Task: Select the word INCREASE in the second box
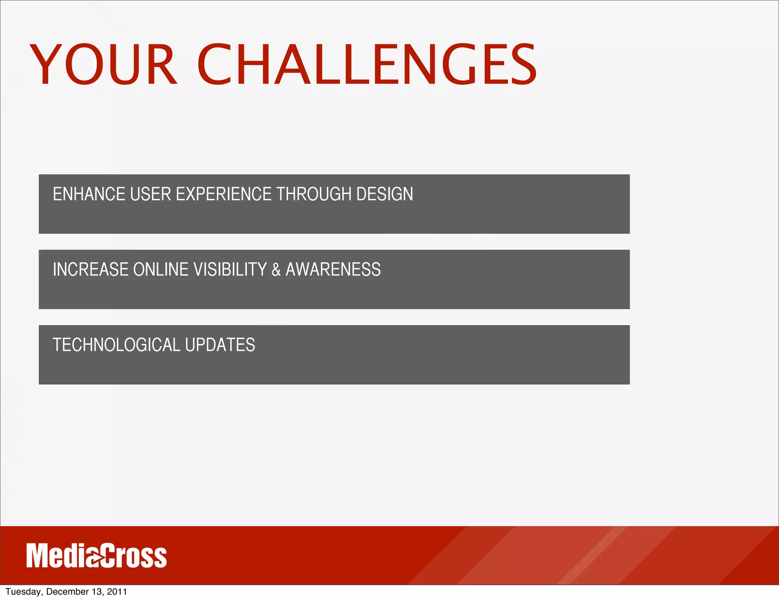pos(91,270)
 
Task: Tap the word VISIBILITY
pos(230,270)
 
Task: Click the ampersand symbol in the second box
pos(276,270)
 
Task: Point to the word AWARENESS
pos(333,270)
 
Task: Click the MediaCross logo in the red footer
pos(96,556)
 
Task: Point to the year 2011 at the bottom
pos(117,592)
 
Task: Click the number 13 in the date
pos(96,592)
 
